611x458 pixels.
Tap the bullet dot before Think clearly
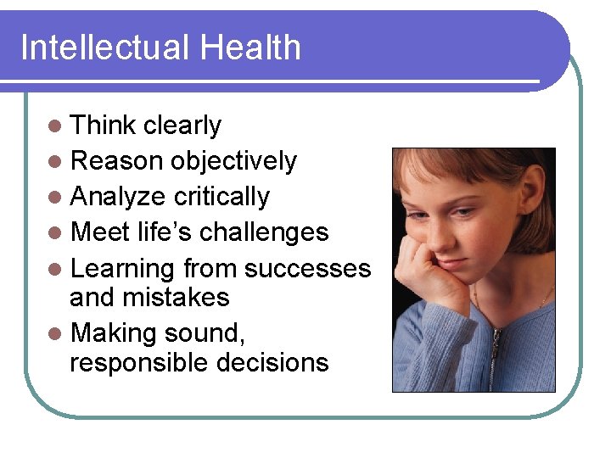point(55,126)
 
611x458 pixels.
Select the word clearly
point(182,126)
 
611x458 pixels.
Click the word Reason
point(117,161)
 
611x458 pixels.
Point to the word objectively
point(233,161)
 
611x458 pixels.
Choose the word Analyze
point(119,197)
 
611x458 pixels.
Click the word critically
point(221,197)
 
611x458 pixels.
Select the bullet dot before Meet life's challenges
point(55,232)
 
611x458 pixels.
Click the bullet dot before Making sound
point(55,333)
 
